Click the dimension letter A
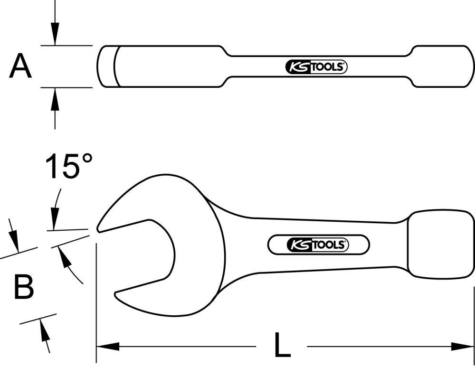[x=20, y=66]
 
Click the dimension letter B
[x=24, y=287]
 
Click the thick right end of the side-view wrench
[x=442, y=66]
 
